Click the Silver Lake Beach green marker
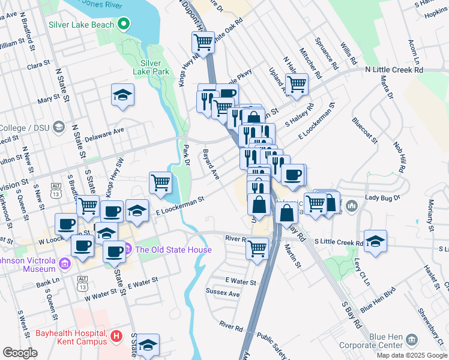coord(124,25)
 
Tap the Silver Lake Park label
coord(151,67)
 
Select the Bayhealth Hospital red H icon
coord(116,337)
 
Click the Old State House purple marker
coord(127,249)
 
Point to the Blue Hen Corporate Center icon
coord(412,340)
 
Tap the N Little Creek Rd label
coord(394,70)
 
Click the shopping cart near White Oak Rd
coord(203,42)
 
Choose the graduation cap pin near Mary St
coord(123,95)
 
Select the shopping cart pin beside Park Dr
coord(160,182)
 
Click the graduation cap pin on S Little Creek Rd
coord(375,241)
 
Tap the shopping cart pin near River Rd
coord(258,247)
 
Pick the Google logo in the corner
coord(20,353)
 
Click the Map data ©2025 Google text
coord(412,355)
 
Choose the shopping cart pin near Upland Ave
coord(296,84)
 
